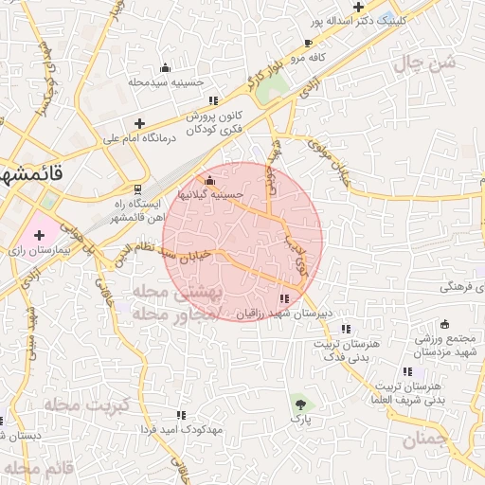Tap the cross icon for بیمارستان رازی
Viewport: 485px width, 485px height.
click(x=39, y=232)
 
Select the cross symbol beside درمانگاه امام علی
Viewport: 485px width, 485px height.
click(x=140, y=123)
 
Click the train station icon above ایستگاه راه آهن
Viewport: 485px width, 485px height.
click(x=139, y=189)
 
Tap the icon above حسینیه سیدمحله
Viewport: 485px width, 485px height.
click(x=166, y=67)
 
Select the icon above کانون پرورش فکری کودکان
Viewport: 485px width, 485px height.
click(x=214, y=100)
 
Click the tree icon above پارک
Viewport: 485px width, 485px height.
click(x=300, y=403)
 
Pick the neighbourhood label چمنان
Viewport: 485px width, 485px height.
click(x=423, y=439)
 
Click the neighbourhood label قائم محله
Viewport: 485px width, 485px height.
click(x=38, y=468)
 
